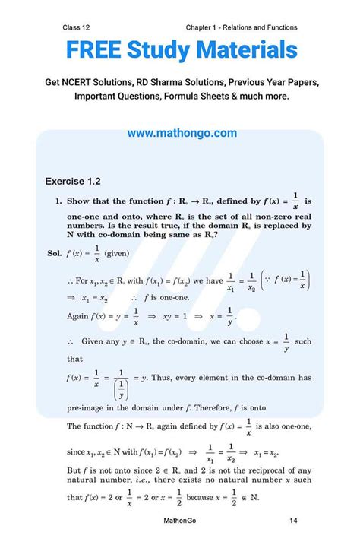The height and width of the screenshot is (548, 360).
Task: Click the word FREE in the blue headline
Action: point(93,51)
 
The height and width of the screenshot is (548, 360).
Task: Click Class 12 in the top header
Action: point(80,27)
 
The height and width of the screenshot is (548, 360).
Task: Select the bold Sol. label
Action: point(55,252)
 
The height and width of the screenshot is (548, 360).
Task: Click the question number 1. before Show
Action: point(58,201)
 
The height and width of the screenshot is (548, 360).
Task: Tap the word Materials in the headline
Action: point(245,51)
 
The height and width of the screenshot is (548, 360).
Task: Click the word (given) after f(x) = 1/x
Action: point(118,252)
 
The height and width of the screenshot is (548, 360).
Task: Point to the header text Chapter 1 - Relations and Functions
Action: point(241,27)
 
